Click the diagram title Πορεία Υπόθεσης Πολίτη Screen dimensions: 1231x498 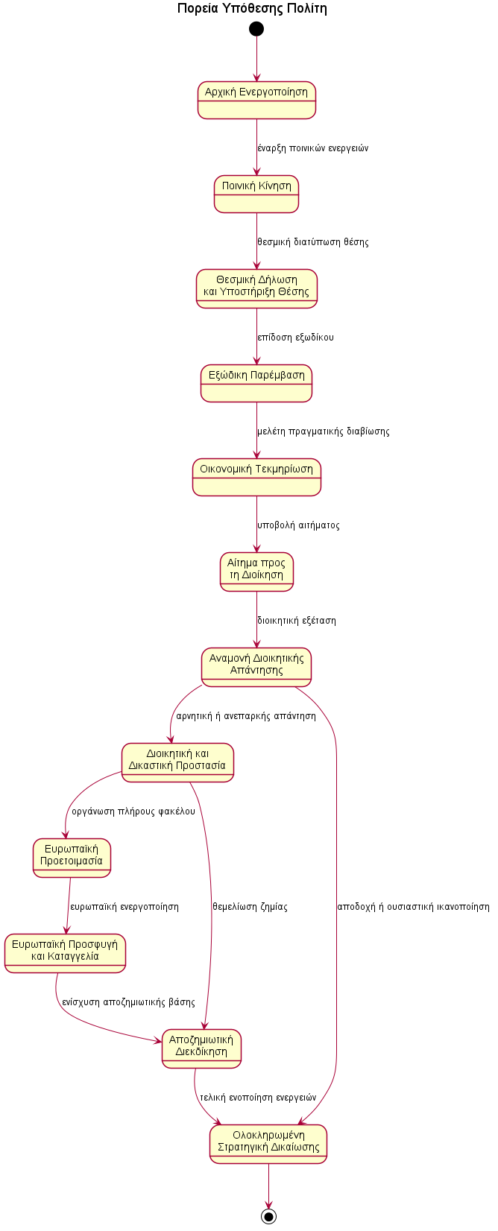click(252, 9)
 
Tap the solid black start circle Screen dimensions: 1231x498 click(256, 29)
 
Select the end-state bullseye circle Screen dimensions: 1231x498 click(268, 1216)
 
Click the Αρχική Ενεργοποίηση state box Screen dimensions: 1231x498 click(256, 100)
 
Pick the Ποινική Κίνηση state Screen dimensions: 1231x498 click(256, 194)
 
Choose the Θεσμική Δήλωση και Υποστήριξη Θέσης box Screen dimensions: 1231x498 click(256, 288)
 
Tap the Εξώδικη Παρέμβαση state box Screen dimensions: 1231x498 click(256, 383)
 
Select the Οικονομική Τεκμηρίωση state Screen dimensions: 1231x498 click(256, 477)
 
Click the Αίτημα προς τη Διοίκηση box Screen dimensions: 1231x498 click(256, 572)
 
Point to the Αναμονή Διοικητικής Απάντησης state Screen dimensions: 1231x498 click(256, 667)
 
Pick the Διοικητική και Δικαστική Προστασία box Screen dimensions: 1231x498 click(177, 762)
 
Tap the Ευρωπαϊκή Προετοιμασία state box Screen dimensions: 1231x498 click(72, 858)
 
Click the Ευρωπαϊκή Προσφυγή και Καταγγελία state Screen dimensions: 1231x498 click(65, 953)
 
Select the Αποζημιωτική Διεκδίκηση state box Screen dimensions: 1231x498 click(201, 1048)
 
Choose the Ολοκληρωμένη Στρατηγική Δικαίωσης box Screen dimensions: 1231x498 click(268, 1144)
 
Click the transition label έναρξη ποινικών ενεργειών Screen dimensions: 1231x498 click(312, 148)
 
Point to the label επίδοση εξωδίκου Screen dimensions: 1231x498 click(295, 338)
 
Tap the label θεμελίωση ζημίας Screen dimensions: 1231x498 click(250, 907)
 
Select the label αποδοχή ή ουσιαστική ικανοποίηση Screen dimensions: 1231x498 click(413, 907)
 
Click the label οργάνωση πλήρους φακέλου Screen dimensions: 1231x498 click(133, 811)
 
